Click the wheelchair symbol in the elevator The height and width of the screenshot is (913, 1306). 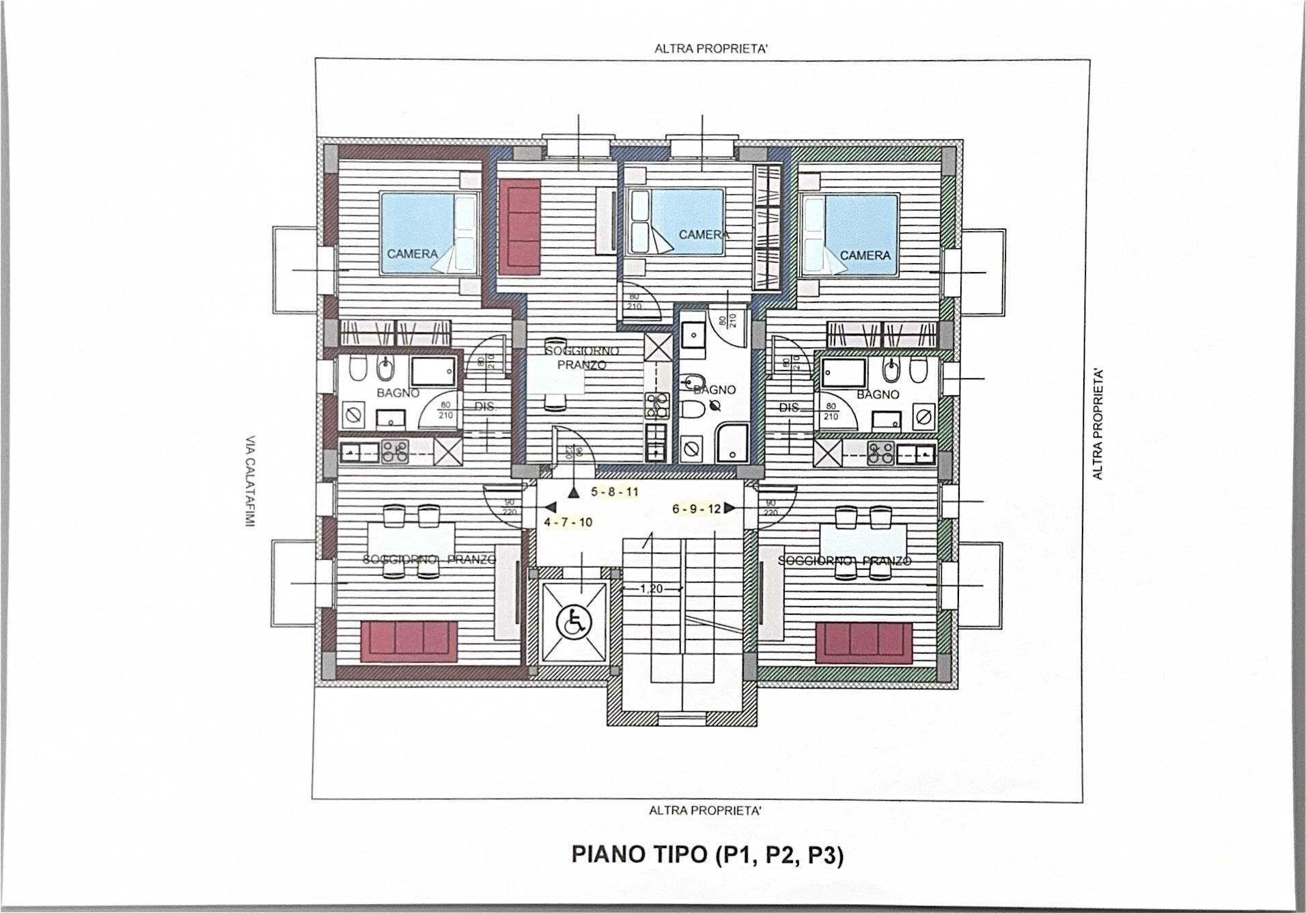click(x=573, y=623)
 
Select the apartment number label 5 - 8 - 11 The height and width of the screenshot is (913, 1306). click(x=614, y=491)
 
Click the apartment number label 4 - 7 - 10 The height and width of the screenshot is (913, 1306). click(x=568, y=522)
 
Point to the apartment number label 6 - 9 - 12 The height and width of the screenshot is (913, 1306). click(x=696, y=508)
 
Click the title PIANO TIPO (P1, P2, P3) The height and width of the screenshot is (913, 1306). click(x=707, y=855)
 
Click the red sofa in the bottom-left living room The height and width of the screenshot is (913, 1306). click(x=408, y=640)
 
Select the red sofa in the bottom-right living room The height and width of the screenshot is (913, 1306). click(x=864, y=642)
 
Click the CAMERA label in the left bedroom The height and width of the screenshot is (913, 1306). click(x=412, y=254)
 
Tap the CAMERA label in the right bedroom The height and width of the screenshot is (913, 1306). click(x=865, y=255)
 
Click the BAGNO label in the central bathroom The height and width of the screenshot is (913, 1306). click(x=714, y=390)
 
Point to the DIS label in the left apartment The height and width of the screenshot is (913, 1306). click(x=484, y=406)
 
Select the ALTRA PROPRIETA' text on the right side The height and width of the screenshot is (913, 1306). click(x=1098, y=424)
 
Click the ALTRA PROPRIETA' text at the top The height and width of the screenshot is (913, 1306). click(x=706, y=49)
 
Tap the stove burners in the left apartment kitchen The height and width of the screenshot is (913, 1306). click(x=395, y=451)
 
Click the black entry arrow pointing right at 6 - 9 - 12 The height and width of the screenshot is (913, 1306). click(x=730, y=508)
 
